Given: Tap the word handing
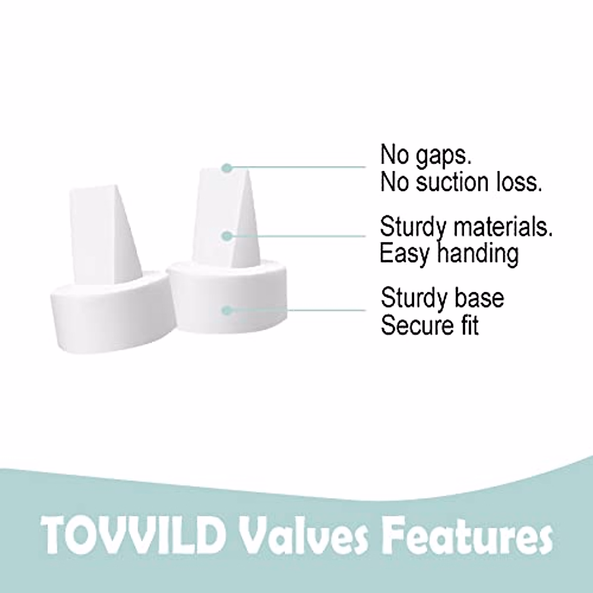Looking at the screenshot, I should [478, 254].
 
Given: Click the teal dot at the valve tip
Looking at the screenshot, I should [227, 168].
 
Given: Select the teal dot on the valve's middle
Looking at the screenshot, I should [227, 236].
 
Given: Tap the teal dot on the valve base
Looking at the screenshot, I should [227, 310].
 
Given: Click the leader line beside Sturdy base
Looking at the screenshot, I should [296, 310].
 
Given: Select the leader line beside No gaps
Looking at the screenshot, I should [296, 168].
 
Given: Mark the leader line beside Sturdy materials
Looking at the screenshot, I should [296, 236].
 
